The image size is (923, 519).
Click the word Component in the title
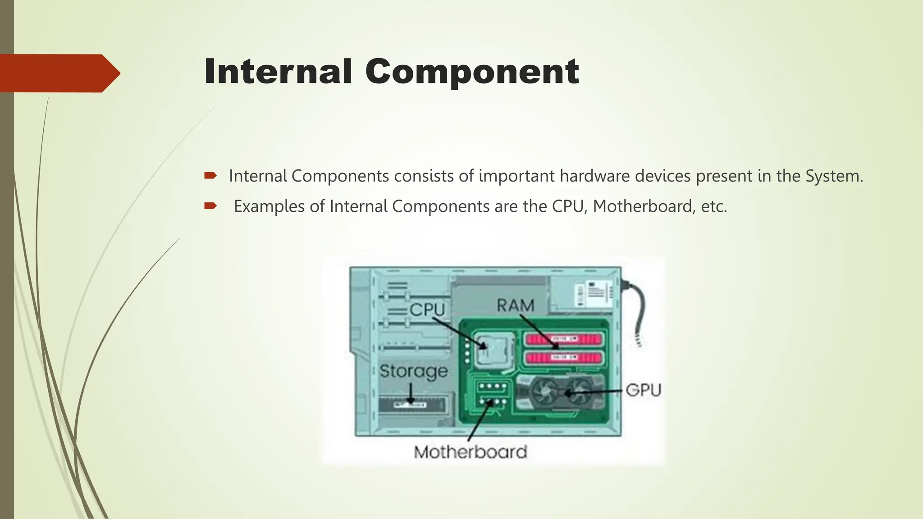coord(471,72)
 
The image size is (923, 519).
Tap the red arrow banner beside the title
coord(59,73)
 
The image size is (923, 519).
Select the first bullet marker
coord(210,176)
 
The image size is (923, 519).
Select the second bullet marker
coord(210,206)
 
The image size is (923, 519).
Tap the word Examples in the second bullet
coord(269,206)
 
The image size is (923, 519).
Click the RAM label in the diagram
coord(515,306)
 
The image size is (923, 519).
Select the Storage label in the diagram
coord(413,372)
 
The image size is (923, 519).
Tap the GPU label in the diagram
coord(643,390)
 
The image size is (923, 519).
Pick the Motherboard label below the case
coord(470,452)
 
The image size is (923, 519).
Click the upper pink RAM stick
coord(563,339)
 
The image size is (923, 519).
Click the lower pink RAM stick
coord(563,359)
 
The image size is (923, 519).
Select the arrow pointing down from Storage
coord(411,394)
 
